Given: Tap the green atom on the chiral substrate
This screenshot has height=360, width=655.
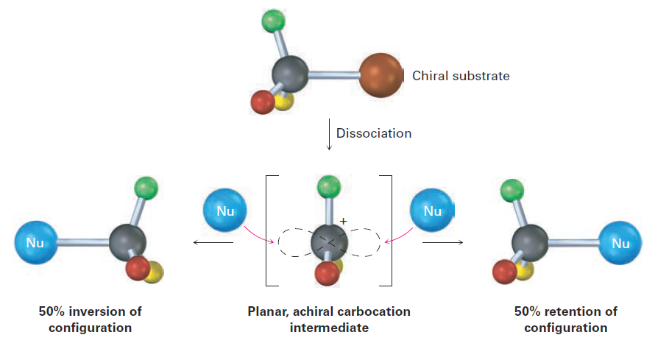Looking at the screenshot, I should pos(273,21).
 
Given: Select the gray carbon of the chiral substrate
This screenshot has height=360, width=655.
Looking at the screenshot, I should pos(290,74).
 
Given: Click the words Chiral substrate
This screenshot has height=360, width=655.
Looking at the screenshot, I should pos(461,75).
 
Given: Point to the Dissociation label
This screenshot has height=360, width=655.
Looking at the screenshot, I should pos(374,133).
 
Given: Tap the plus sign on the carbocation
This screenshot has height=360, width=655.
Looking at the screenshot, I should pos(343,221).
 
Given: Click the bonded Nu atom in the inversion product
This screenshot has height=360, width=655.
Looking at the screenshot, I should pos(35,241).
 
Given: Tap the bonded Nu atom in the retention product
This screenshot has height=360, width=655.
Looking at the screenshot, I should pos(620,242).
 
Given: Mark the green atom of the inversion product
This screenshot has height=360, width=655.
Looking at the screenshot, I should pos(146,188).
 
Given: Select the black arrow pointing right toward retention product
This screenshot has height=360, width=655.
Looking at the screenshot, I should pos(443,242).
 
